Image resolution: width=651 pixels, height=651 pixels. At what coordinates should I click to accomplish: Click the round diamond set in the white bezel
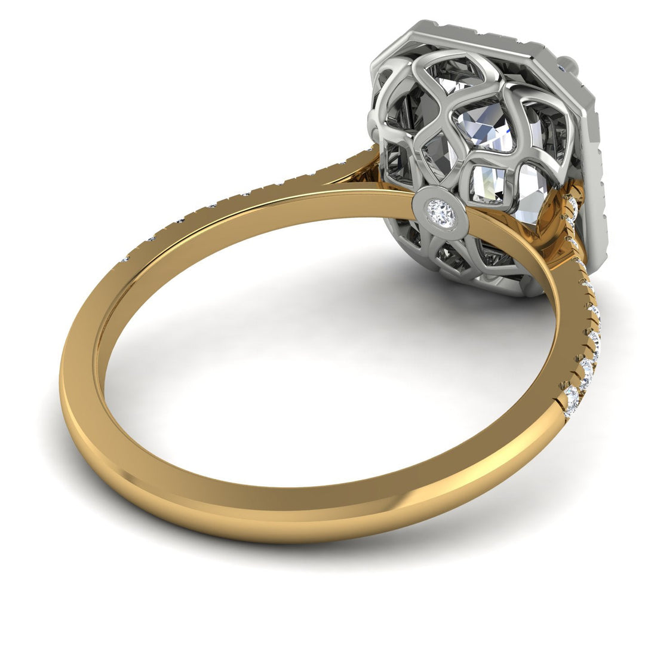pyautogui.click(x=441, y=211)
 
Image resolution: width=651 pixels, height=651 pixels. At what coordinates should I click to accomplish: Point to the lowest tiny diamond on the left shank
pyautogui.click(x=125, y=260)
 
